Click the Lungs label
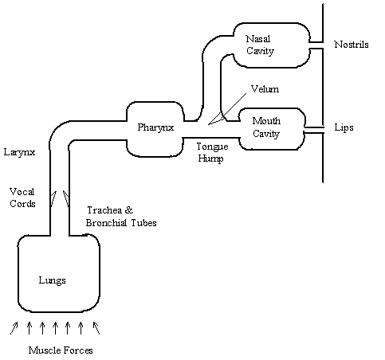(x=53, y=280)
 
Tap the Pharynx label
(x=155, y=127)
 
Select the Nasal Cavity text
(x=260, y=45)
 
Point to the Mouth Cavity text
(x=266, y=127)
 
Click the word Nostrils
(x=352, y=45)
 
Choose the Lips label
(x=344, y=127)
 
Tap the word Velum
(x=265, y=89)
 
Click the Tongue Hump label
(x=212, y=153)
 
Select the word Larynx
(x=19, y=152)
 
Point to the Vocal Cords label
(x=22, y=198)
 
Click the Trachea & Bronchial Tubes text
(x=121, y=217)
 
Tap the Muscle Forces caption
(x=61, y=350)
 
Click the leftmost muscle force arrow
(x=14, y=328)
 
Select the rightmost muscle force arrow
(x=96, y=328)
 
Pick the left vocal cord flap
(x=53, y=198)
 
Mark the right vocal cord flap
(x=66, y=198)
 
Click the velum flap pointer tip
(x=209, y=124)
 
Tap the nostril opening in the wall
(x=316, y=45)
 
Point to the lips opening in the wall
(x=314, y=130)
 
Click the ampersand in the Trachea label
(x=129, y=210)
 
